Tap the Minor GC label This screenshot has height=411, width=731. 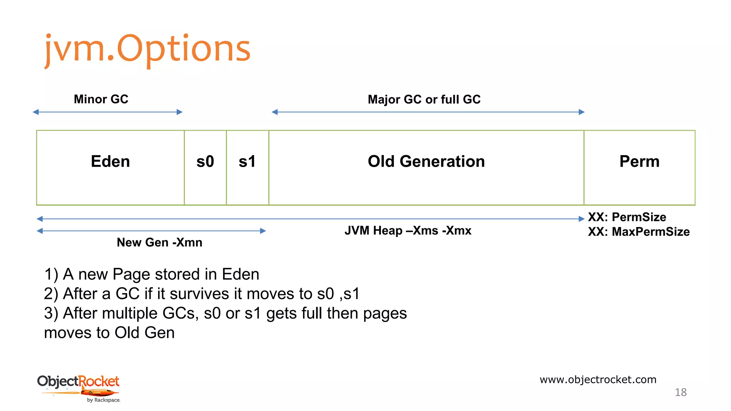(x=101, y=99)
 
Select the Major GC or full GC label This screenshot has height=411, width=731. (x=424, y=99)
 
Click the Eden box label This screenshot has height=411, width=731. (x=110, y=161)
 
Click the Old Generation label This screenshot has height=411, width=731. (x=426, y=161)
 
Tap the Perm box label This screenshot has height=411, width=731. (x=639, y=161)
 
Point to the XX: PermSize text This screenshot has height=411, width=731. (x=627, y=217)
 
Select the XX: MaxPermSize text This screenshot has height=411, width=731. (x=639, y=232)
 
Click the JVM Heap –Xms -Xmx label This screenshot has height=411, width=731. (x=408, y=230)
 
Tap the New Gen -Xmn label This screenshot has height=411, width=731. (x=160, y=242)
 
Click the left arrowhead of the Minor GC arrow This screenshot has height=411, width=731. (x=36, y=112)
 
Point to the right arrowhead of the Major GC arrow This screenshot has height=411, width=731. (x=581, y=112)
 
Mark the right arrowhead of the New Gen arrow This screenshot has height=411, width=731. (x=263, y=231)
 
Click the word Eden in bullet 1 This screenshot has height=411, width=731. (x=240, y=274)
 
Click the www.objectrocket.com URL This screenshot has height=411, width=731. (x=598, y=379)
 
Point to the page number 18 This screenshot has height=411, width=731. (x=680, y=392)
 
